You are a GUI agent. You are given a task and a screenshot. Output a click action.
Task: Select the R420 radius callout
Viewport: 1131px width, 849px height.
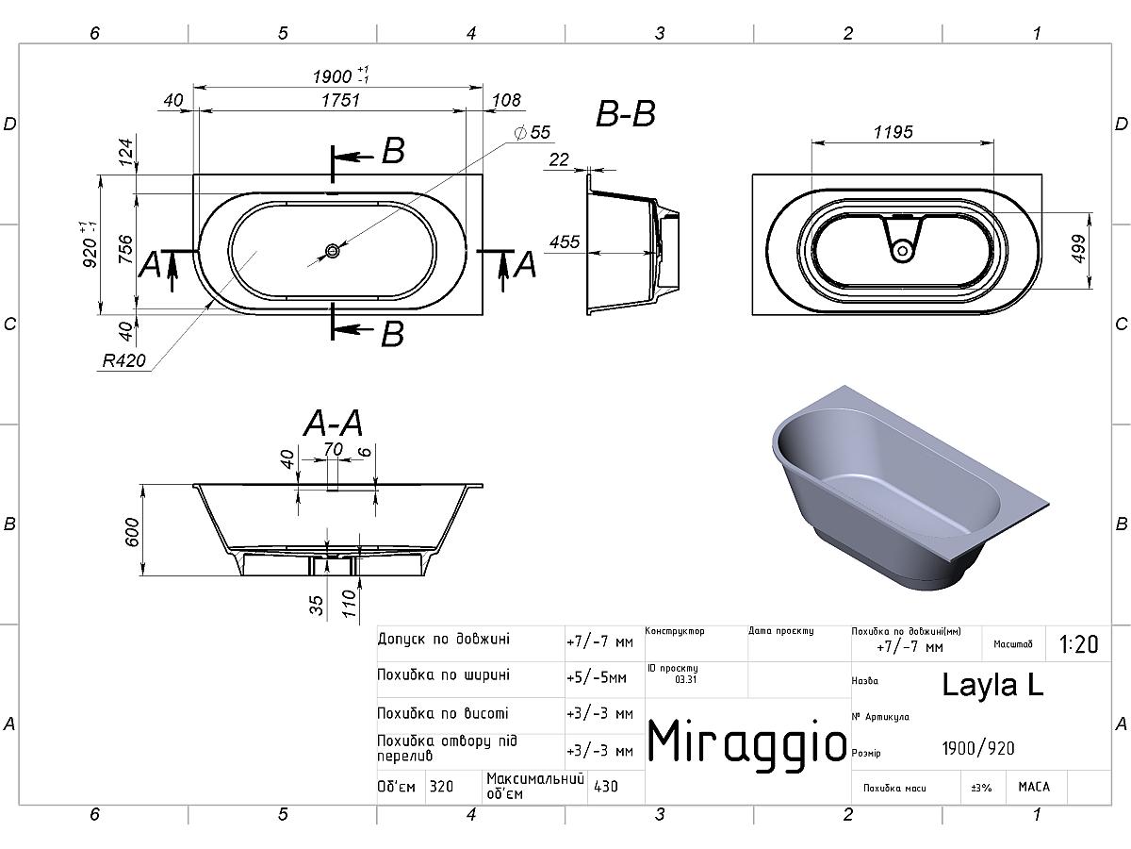click(x=123, y=360)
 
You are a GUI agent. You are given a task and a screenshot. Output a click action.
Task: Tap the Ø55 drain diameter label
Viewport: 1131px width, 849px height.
click(x=533, y=132)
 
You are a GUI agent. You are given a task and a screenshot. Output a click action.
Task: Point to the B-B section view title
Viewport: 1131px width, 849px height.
click(x=626, y=114)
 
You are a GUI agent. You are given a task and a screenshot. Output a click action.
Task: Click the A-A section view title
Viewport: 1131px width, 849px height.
click(x=334, y=424)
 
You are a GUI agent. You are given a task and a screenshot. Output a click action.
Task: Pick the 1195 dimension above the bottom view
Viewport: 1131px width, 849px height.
click(x=893, y=132)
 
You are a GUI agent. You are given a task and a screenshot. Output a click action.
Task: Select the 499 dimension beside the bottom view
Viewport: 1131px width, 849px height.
click(x=1078, y=249)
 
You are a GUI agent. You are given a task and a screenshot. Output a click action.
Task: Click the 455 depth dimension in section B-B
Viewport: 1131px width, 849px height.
click(x=565, y=241)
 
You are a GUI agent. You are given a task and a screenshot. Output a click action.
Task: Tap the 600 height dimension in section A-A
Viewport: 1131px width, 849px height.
click(x=133, y=532)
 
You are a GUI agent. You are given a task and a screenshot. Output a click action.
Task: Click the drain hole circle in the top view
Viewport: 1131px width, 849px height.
click(x=333, y=251)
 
